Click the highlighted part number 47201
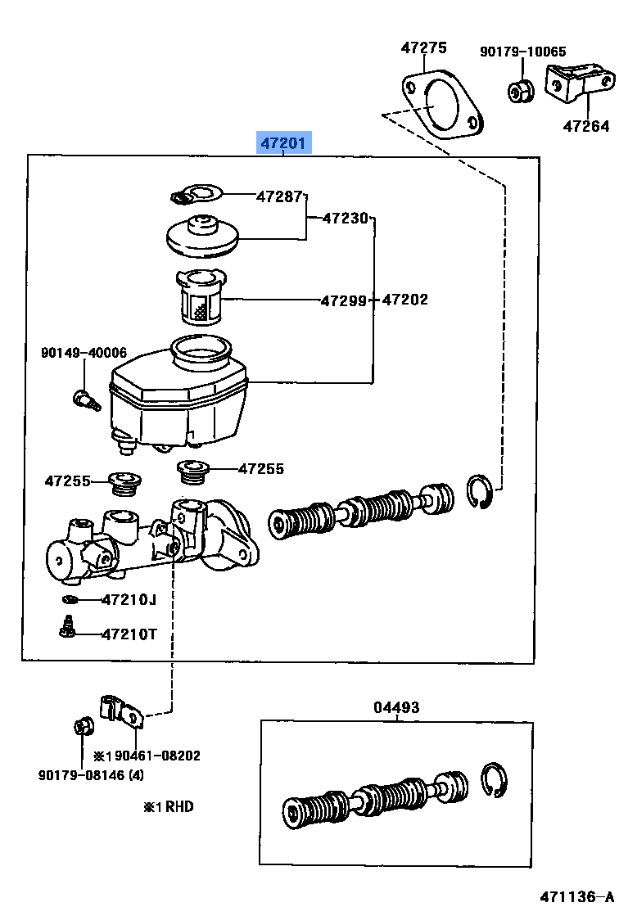[x=282, y=144]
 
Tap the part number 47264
[x=586, y=126]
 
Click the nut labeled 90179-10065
[x=519, y=91]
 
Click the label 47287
[x=280, y=196]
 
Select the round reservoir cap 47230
[x=201, y=234]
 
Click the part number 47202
[x=404, y=300]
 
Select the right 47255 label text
[x=261, y=469]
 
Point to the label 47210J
[x=129, y=600]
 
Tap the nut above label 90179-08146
[x=83, y=725]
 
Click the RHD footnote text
[x=169, y=806]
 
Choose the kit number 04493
[x=397, y=707]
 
